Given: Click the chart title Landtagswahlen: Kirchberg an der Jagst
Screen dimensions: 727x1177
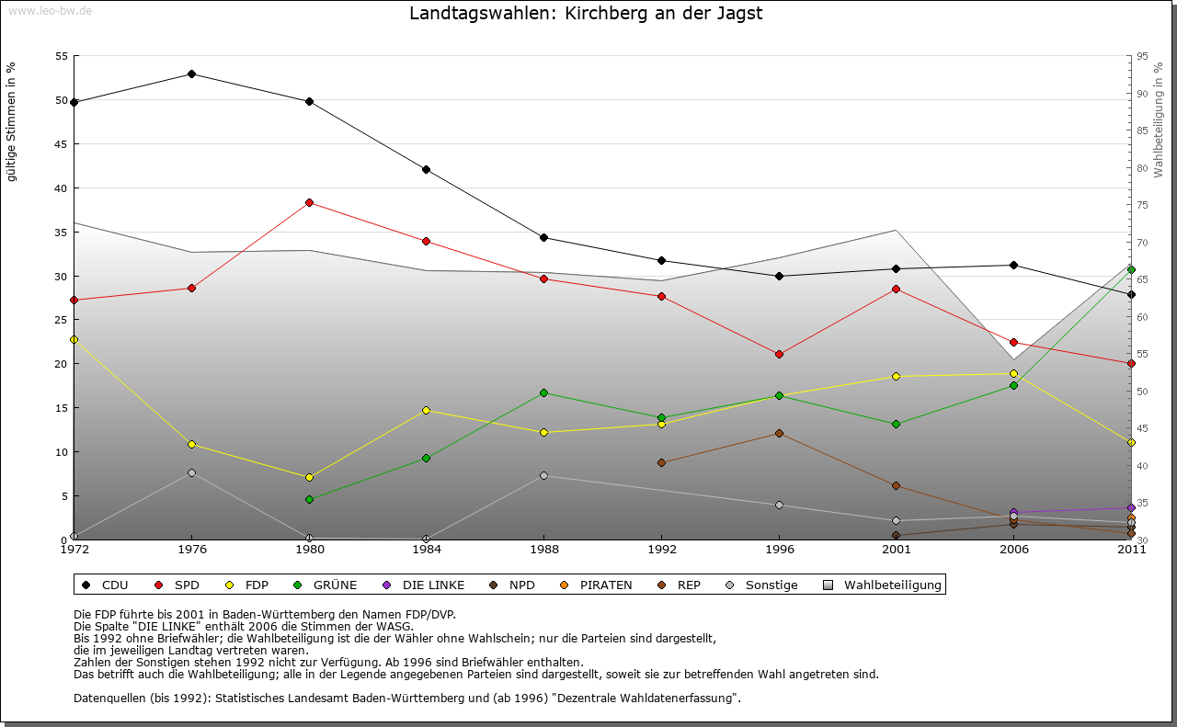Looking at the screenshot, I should [x=586, y=14].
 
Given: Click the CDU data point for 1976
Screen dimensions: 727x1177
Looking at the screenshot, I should [x=191, y=74].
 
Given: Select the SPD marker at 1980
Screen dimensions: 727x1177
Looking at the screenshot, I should [x=309, y=202].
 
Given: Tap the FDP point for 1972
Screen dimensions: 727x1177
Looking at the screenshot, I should [x=74, y=339].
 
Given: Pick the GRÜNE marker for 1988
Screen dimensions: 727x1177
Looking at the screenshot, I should [x=543, y=392].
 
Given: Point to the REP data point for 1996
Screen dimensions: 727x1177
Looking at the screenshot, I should [x=779, y=433].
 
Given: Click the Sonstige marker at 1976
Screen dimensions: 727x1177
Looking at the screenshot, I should [x=191, y=472].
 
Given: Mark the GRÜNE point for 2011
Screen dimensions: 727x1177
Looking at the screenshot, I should [x=1131, y=269].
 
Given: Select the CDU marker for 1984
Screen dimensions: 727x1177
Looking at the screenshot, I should [x=427, y=169].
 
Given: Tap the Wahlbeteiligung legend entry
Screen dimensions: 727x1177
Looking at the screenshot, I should [x=883, y=585].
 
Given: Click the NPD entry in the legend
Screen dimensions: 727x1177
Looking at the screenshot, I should [x=513, y=585].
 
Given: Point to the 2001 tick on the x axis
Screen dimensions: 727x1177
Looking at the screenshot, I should [x=896, y=550].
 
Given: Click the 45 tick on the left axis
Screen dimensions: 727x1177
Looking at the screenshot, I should [x=61, y=144].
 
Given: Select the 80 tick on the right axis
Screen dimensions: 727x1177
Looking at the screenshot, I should [x=1142, y=168].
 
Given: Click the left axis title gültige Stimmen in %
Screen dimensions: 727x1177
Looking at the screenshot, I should [x=12, y=121].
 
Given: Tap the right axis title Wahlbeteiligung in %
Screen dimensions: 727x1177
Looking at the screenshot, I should [x=1159, y=119].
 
